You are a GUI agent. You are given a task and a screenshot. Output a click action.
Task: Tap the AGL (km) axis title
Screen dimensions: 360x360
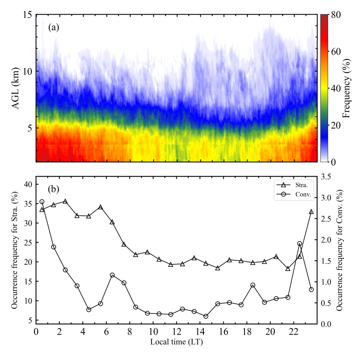click(x=15, y=88)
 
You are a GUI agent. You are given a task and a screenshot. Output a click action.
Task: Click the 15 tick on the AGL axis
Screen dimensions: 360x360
click(x=27, y=15)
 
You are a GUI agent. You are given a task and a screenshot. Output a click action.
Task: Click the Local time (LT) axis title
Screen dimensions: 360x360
click(x=177, y=342)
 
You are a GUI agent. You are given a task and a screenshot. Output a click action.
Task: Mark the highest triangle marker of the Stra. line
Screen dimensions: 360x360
click(x=65, y=201)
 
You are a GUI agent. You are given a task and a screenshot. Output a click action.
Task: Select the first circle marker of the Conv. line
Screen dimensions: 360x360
click(x=42, y=202)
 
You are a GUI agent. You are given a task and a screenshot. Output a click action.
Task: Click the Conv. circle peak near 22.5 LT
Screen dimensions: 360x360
click(x=300, y=244)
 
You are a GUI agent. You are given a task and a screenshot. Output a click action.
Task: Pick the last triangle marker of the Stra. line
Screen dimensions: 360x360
click(x=311, y=212)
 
